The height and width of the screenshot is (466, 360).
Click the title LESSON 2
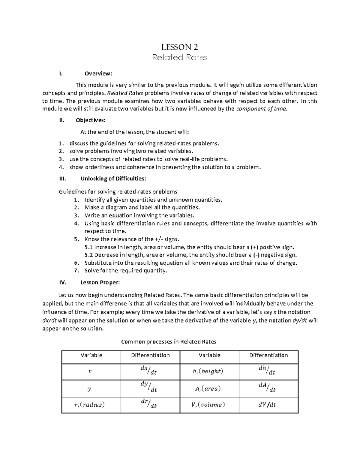tap(180, 47)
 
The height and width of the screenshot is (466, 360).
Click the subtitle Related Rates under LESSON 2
tap(180, 57)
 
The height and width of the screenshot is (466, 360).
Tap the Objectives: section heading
tap(91, 120)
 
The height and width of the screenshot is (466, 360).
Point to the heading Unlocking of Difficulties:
tap(113, 179)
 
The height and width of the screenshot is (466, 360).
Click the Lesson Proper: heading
tap(100, 282)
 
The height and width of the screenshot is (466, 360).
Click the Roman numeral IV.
tap(62, 282)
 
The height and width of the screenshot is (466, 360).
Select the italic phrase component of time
tap(261, 109)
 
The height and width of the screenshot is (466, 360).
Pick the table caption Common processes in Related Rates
tap(168, 341)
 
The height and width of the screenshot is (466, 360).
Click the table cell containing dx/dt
tap(150, 371)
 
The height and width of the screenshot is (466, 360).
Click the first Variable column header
tap(91, 355)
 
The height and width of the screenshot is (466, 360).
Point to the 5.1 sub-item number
tap(89, 247)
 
